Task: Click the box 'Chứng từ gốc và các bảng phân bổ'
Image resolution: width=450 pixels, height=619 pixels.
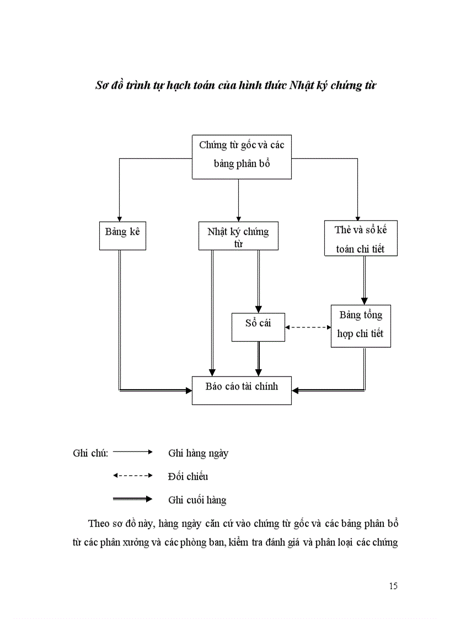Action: pos(242,157)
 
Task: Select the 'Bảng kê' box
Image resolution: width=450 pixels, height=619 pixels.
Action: pos(122,235)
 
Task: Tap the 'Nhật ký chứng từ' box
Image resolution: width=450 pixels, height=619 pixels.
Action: pos(238,235)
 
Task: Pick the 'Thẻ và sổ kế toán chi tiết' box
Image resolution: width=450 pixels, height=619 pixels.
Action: pos(361,239)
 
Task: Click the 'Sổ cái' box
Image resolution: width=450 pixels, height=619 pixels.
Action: pos(258,327)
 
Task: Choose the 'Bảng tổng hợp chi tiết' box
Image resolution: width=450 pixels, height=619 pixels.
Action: pos(361,325)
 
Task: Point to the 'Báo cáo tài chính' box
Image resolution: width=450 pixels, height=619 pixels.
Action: pos(242,390)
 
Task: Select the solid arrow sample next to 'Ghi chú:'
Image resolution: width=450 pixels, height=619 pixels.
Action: pos(132,452)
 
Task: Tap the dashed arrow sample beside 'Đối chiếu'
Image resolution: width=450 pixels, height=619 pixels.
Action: pos(132,475)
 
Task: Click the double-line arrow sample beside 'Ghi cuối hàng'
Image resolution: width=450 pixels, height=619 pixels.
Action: pos(132,499)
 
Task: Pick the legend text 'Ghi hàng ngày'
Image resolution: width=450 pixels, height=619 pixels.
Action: pos(198,454)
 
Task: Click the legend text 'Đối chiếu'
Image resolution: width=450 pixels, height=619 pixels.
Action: pos(188,477)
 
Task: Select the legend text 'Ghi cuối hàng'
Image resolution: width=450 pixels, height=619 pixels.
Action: pos(197,500)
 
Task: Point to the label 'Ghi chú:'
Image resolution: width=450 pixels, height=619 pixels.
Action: pos(90,453)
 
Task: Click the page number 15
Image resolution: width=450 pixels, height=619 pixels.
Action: pos(393,586)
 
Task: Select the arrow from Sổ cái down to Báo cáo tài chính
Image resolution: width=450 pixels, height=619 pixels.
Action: pos(258,358)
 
